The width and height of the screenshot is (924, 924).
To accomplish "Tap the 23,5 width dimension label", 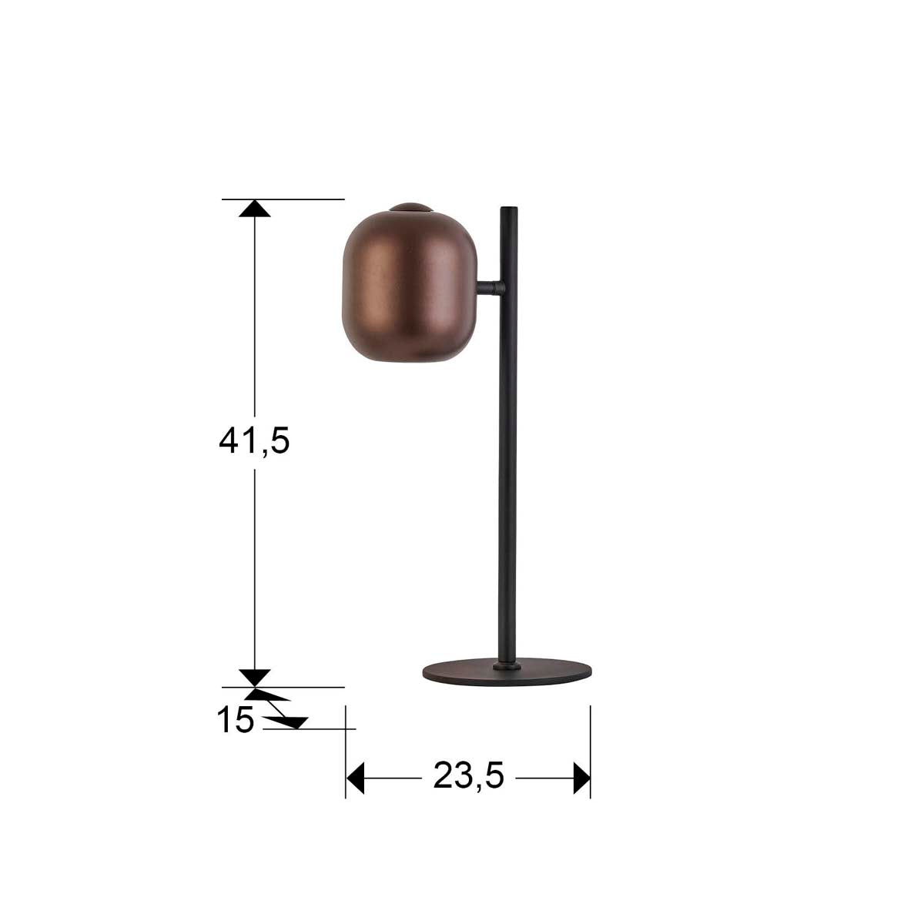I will click(x=468, y=777).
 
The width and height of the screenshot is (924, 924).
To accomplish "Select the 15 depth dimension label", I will click(x=235, y=721).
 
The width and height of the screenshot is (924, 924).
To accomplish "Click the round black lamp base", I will click(x=507, y=672).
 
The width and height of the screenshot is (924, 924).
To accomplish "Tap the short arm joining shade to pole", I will click(x=489, y=289).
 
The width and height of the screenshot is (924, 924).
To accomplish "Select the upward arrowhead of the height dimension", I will click(x=255, y=208).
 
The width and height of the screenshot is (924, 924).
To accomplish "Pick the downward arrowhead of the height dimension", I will click(x=255, y=678).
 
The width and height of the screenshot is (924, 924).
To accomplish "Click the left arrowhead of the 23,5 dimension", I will click(x=355, y=778).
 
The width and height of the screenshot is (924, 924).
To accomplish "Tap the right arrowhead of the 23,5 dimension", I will click(x=581, y=778).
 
